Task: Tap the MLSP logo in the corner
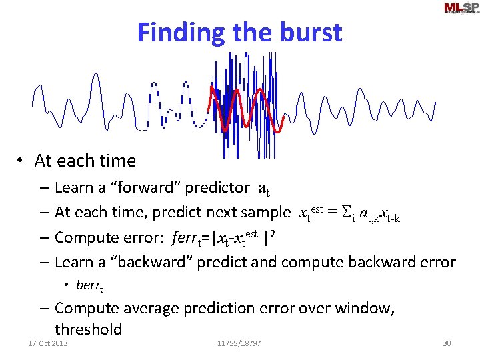[x=460, y=8]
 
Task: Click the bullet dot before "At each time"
[x=22, y=161]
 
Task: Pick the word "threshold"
[x=89, y=329]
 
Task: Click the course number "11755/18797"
[x=239, y=343]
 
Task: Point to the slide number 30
[x=447, y=343]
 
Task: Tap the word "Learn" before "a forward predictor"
[x=74, y=187]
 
